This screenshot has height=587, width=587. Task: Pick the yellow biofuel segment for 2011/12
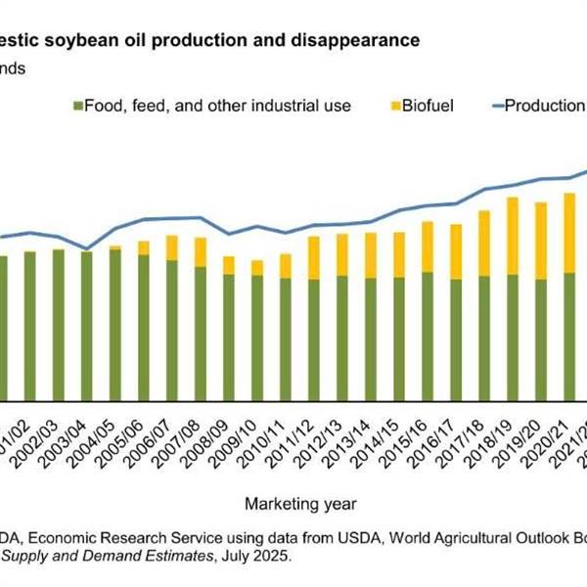(314, 257)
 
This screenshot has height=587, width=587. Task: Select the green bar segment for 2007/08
(201, 333)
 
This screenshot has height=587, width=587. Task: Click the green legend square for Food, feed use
(76, 105)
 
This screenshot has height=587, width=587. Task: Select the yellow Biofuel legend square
(393, 105)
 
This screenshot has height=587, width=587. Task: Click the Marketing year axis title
(300, 504)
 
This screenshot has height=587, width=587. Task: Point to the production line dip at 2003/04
(87, 248)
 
